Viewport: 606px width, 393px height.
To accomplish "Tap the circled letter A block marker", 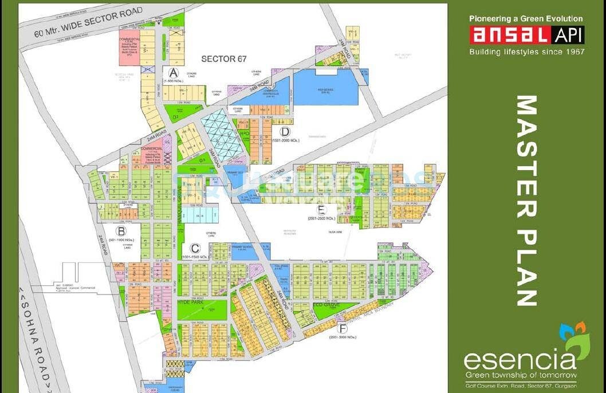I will point(174,73).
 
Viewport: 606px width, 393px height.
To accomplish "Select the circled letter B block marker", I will point(121,231).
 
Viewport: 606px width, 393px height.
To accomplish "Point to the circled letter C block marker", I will point(195,248).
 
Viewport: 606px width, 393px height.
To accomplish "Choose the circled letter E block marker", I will point(322,209).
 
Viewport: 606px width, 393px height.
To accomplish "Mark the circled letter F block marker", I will point(342,328).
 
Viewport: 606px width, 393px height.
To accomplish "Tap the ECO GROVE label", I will point(326,305).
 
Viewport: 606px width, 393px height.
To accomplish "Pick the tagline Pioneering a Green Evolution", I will point(526,19).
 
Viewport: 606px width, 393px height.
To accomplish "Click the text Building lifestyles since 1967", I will point(526,52).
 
